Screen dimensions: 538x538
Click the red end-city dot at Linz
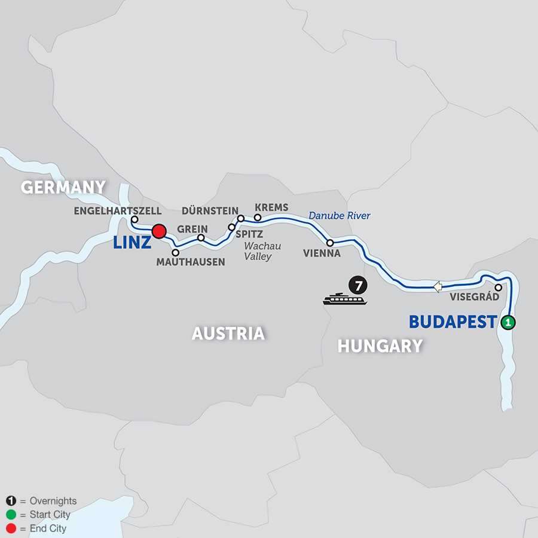click(158, 231)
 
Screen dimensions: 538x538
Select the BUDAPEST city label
click(453, 322)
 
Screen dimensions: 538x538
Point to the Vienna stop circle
click(330, 243)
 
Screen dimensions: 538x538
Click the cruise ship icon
click(344, 298)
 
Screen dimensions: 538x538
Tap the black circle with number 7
click(358, 285)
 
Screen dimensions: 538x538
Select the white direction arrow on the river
click(438, 287)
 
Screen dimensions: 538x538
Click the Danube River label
click(340, 216)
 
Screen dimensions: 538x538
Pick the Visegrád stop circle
click(498, 287)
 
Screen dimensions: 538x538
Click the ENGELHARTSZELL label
click(118, 211)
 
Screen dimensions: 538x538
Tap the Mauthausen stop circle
click(175, 253)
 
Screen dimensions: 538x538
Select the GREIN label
click(192, 229)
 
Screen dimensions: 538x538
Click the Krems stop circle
click(258, 217)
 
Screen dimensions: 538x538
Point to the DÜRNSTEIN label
click(210, 211)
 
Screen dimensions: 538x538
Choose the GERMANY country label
click(63, 187)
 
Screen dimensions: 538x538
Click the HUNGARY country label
click(380, 346)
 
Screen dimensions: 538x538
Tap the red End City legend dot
click(11, 528)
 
